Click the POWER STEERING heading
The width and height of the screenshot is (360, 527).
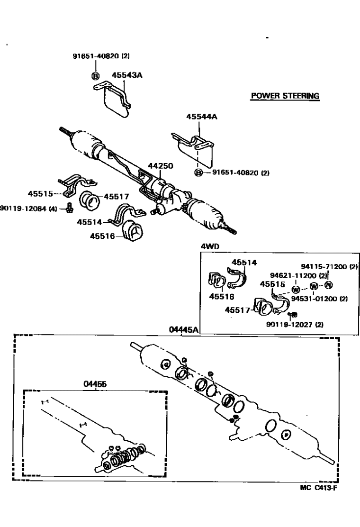[x=285, y=96]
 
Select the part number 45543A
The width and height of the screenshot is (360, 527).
[x=127, y=75]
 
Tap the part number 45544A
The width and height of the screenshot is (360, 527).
[x=201, y=116]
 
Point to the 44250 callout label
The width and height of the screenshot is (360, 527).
[x=160, y=166]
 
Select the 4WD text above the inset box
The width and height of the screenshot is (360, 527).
[x=210, y=247]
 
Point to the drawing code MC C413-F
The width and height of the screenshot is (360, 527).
[x=319, y=489]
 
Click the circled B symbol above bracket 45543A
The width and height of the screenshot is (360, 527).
[x=95, y=75]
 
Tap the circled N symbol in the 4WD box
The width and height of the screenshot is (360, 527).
[x=328, y=285]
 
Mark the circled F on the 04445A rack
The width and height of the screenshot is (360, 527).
[x=285, y=434]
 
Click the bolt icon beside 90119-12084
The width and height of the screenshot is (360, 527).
[x=70, y=207]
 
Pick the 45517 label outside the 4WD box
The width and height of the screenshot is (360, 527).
[x=117, y=196]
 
